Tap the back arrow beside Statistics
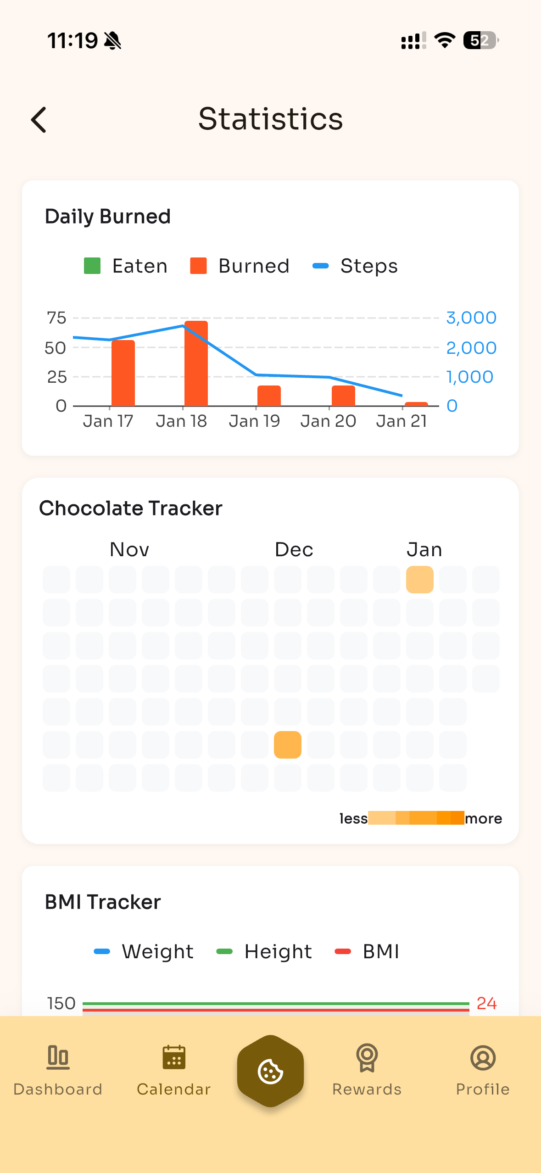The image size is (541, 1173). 39,120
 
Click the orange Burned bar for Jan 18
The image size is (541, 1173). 196,363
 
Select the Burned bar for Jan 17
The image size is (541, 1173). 123,373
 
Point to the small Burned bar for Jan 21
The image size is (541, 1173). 416,404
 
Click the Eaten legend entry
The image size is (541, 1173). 126,266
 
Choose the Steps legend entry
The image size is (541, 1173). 355,266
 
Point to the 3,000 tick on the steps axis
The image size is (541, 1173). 471,318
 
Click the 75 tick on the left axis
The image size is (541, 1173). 57,318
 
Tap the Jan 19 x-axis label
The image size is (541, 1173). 255,421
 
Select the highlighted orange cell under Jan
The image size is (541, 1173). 420,580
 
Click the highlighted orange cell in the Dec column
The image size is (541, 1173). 288,745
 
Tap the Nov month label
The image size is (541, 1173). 129,550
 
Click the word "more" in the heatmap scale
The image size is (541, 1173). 483,818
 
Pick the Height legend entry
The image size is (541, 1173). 264,952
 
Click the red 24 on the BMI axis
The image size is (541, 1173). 486,1004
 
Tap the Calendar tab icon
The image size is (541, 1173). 174,1058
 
